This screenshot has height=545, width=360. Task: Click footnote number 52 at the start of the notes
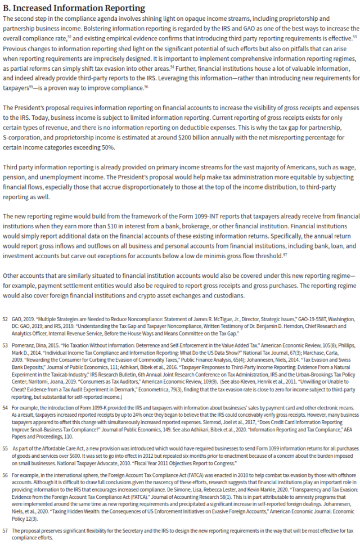(6, 318)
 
